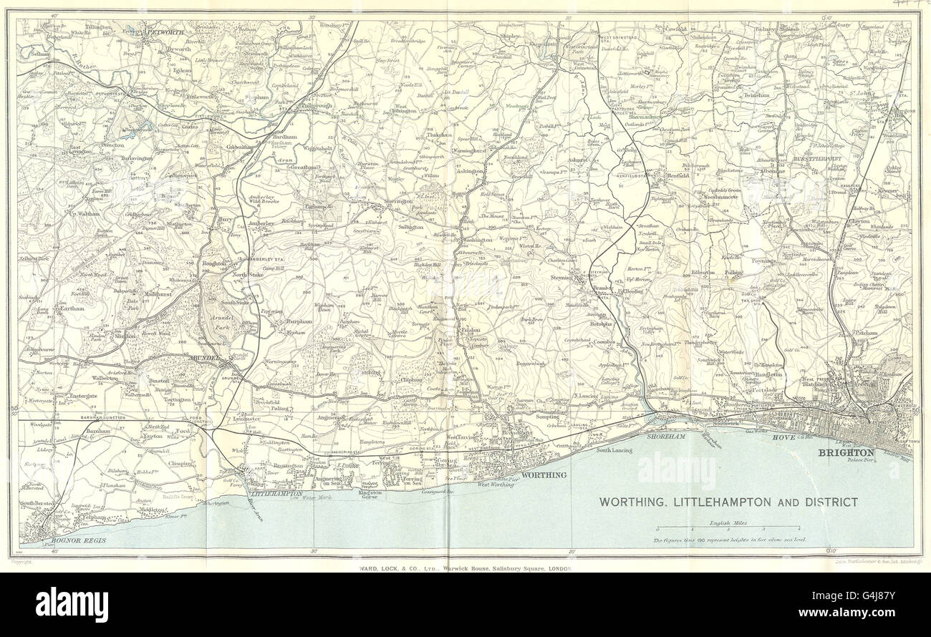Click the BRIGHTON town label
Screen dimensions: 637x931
point(846,453)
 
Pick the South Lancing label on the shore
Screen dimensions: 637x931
point(609,449)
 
